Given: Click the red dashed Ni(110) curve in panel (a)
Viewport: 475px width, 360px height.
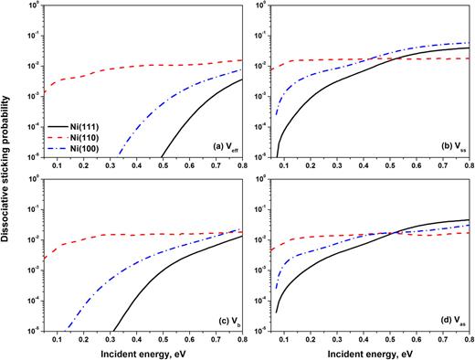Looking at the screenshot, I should click(137, 66).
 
